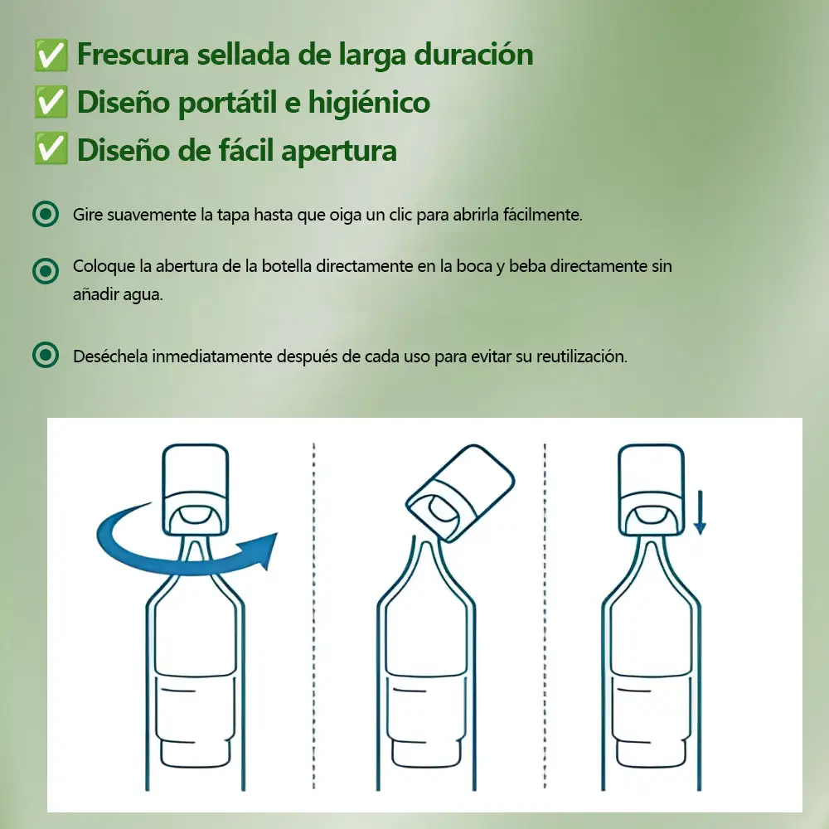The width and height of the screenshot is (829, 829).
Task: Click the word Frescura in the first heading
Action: click(133, 54)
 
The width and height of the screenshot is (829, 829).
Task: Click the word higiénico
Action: click(369, 101)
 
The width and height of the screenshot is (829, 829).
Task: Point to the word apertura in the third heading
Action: click(339, 151)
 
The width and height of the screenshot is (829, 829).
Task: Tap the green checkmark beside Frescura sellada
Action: click(51, 55)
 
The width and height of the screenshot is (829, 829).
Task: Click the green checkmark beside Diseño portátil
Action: click(51, 102)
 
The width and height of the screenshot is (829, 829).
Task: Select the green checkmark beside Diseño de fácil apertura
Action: click(51, 148)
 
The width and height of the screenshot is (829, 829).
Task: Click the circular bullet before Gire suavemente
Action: click(46, 214)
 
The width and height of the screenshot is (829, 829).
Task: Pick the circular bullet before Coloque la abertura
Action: click(46, 271)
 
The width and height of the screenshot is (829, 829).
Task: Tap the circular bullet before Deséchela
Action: click(46, 355)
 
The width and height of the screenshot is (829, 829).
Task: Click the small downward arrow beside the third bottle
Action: click(700, 512)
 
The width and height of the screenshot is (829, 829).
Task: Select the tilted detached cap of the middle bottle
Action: click(460, 492)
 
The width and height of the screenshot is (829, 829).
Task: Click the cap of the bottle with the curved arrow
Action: click(195, 489)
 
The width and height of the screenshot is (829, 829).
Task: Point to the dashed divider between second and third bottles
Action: click(545, 616)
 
